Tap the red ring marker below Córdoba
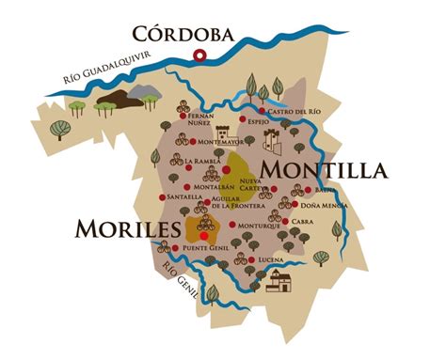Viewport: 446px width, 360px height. [199, 55]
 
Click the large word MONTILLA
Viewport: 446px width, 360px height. [324, 170]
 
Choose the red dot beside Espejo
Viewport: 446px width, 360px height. [243, 122]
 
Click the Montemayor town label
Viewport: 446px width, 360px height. [221, 142]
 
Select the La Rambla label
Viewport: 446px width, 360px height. [203, 161]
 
